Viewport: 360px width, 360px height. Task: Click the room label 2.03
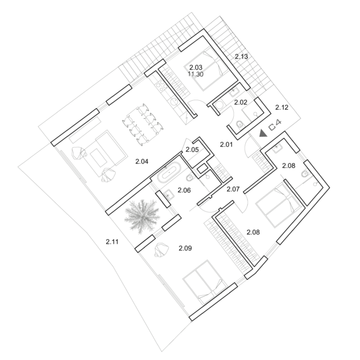click(x=196, y=67)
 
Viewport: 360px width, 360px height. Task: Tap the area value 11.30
click(x=196, y=74)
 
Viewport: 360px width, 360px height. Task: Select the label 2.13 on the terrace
click(x=241, y=56)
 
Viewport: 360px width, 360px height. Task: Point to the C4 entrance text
click(x=275, y=126)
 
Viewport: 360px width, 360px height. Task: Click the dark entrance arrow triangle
click(x=263, y=133)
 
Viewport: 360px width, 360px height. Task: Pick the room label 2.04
click(x=142, y=162)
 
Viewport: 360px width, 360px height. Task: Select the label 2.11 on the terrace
click(x=112, y=242)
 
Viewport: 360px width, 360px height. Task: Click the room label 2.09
click(x=185, y=248)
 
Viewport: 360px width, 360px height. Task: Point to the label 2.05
click(x=192, y=150)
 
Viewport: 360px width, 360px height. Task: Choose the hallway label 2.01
click(x=226, y=145)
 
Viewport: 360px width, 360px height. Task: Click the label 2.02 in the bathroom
click(x=240, y=102)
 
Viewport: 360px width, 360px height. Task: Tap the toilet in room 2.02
click(x=239, y=124)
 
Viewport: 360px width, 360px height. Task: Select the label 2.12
click(x=282, y=107)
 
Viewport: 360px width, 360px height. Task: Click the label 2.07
click(x=233, y=189)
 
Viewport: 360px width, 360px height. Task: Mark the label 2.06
click(x=184, y=190)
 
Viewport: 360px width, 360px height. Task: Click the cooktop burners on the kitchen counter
click(x=160, y=87)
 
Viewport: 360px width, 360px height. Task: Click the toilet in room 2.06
click(x=189, y=177)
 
